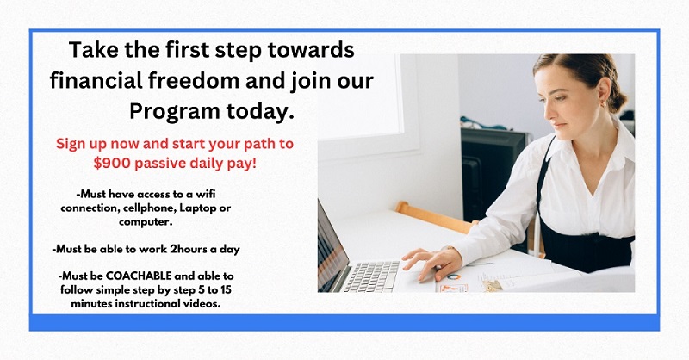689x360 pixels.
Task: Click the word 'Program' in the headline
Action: (x=174, y=112)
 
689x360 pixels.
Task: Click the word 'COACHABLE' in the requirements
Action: (x=139, y=276)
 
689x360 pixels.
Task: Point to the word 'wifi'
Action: (x=205, y=194)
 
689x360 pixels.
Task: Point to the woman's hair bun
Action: (x=620, y=100)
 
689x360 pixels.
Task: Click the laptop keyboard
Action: (x=372, y=276)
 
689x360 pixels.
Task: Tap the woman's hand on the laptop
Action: (x=432, y=263)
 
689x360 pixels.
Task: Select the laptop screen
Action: (x=328, y=247)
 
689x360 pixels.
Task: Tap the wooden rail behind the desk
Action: (x=434, y=217)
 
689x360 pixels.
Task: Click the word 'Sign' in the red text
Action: (x=71, y=144)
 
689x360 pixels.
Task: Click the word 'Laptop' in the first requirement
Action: (x=198, y=208)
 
